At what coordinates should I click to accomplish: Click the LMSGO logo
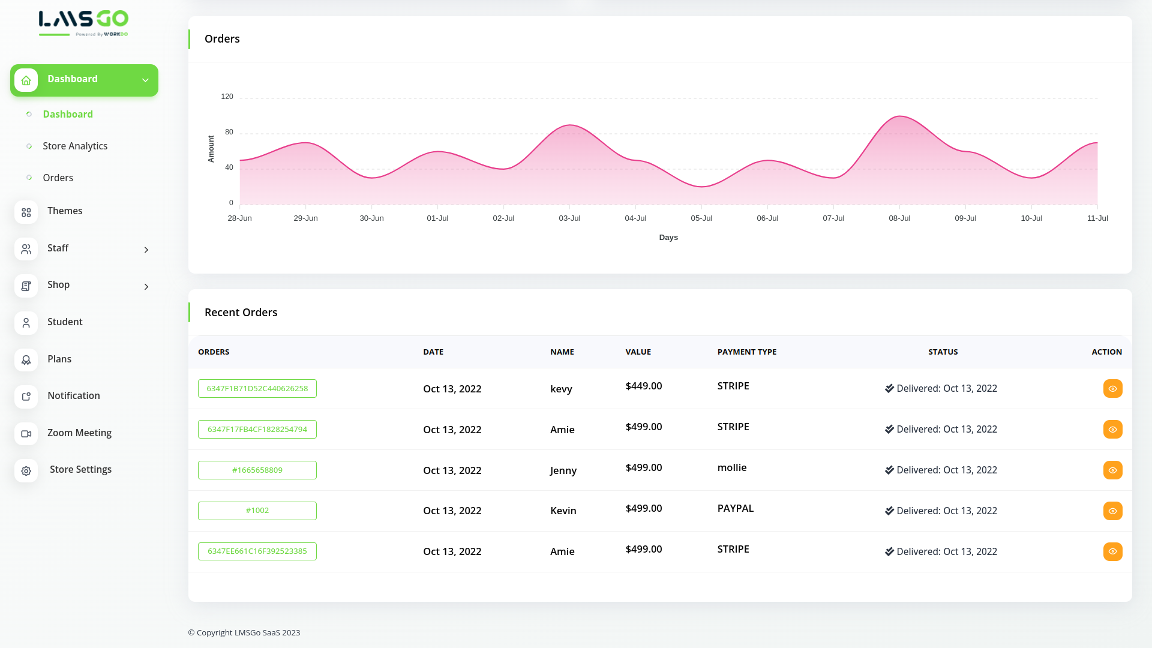pos(83,23)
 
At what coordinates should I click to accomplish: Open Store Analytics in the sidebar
pos(75,146)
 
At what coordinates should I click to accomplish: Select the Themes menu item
pos(65,211)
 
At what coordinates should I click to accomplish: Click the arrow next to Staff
pos(146,250)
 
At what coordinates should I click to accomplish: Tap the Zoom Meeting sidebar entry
pos(79,433)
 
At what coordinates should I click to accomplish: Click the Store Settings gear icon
pos(26,471)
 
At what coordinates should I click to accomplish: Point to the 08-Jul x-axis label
pos(899,218)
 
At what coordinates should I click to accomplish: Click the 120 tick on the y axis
pos(227,97)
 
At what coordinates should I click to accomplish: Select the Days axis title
pos(668,238)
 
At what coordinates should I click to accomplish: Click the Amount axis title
pos(211,149)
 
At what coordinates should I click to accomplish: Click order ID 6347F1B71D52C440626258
pos(257,389)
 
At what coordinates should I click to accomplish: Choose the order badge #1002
pos(257,511)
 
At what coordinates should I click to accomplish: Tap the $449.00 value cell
pos(644,386)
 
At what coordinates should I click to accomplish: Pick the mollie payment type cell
pos(732,468)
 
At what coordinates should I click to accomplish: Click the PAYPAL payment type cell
pos(736,509)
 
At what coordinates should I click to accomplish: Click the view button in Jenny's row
pos(1112,470)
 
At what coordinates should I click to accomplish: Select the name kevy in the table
pos(561,389)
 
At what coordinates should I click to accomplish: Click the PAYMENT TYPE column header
pos(747,352)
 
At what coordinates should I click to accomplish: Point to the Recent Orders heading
pos(241,313)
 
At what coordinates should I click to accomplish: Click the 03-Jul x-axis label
pos(569,218)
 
